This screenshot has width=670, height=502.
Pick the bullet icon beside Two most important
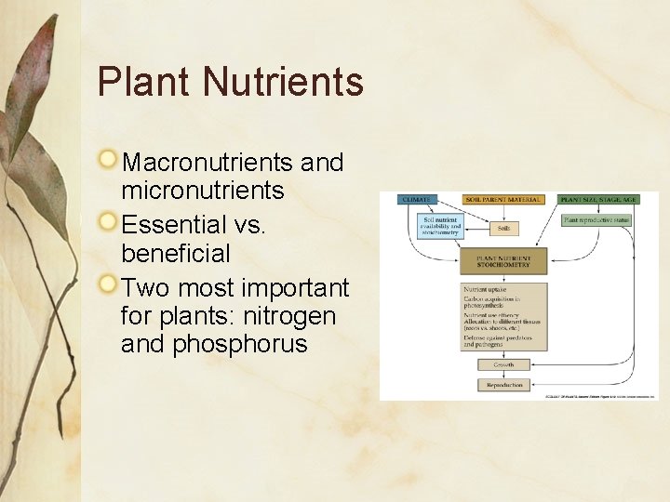point(110,284)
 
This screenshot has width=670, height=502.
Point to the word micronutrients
point(202,192)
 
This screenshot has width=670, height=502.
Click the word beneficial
point(175,253)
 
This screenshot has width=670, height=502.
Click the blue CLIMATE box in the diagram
point(417,199)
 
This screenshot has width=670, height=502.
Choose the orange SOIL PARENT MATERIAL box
point(503,199)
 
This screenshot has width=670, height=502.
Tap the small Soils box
point(503,227)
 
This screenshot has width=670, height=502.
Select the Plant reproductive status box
point(596,220)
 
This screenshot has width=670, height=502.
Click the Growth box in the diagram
point(503,364)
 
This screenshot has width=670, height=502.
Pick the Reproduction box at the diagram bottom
point(503,384)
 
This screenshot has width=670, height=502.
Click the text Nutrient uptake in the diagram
point(484,288)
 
